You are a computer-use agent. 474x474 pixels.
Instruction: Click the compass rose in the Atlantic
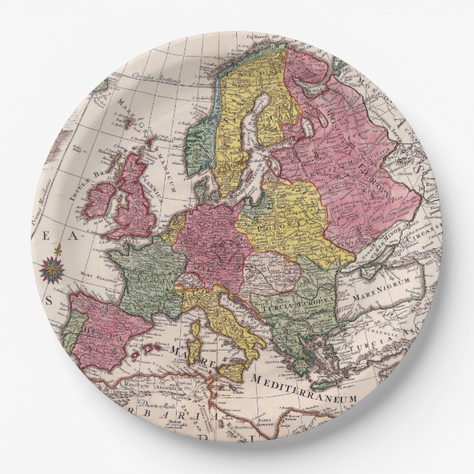54,270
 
